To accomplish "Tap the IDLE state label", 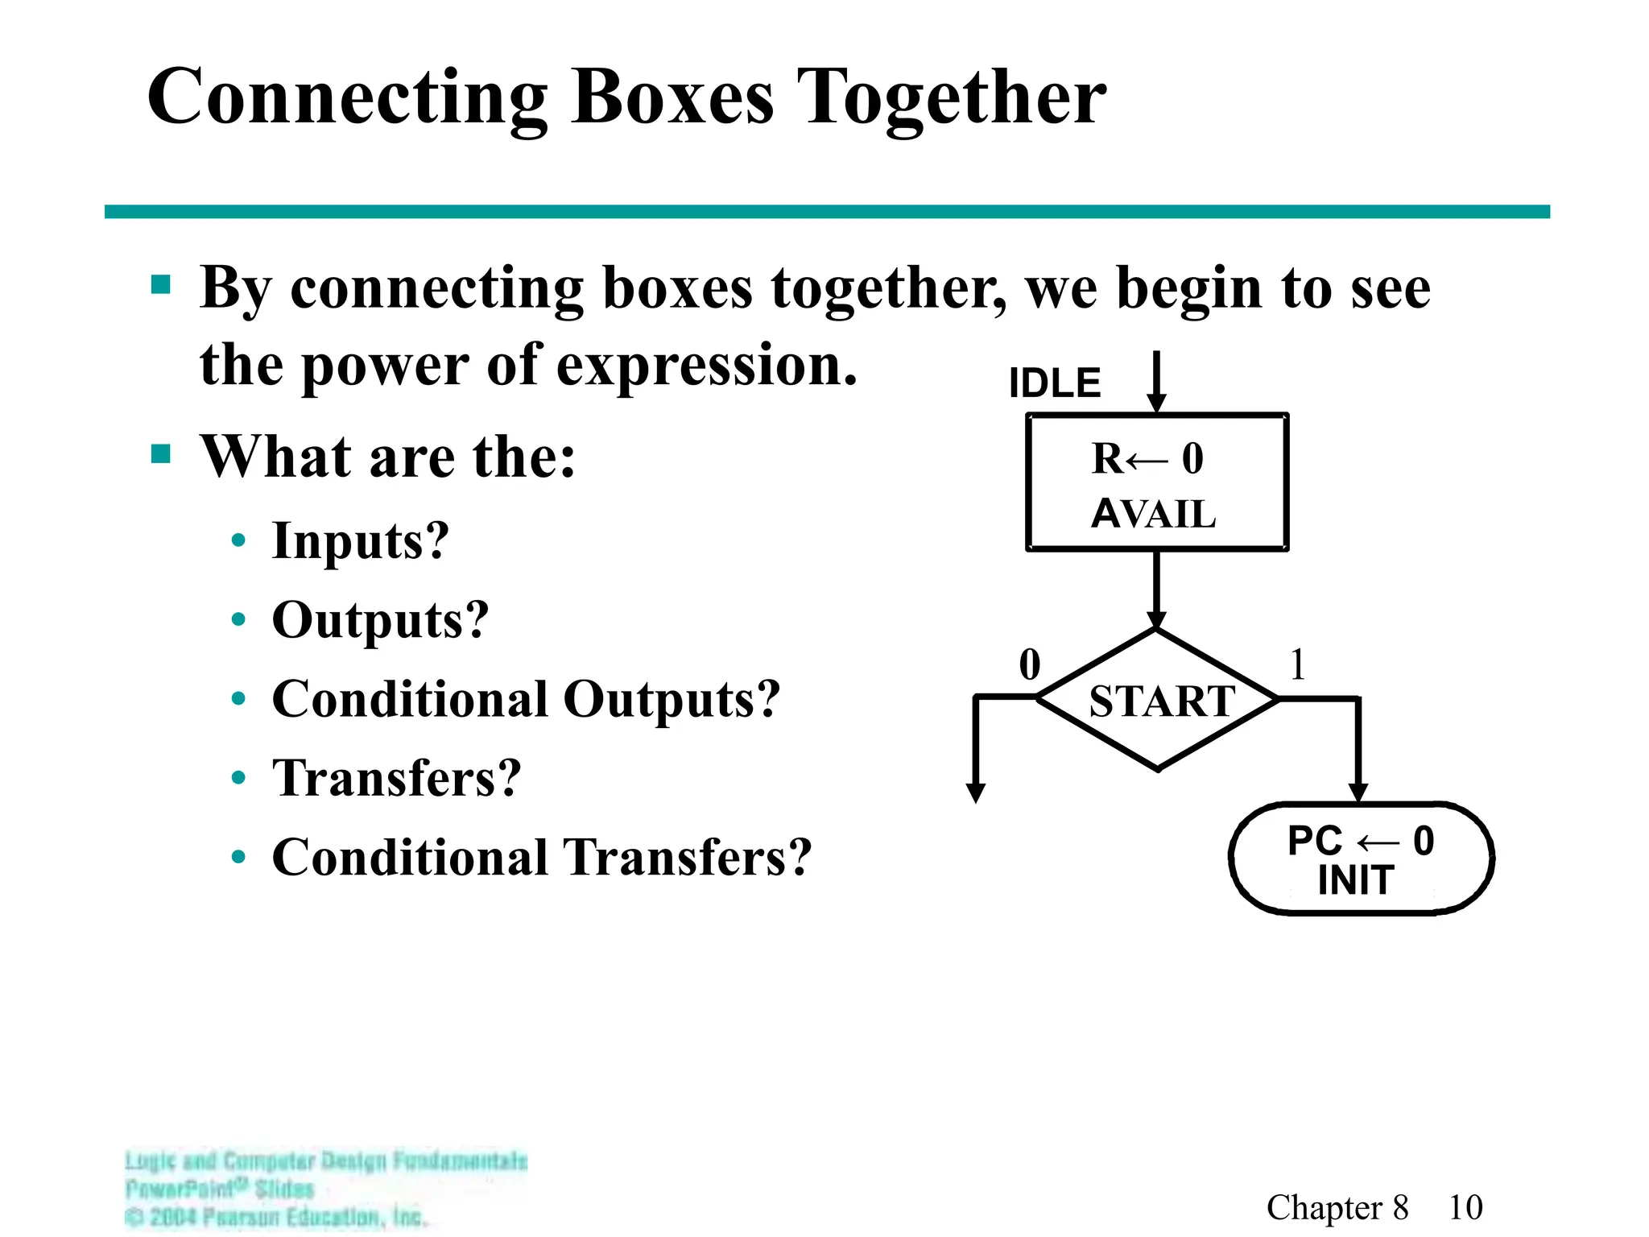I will tap(1054, 383).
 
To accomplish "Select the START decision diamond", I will tap(1157, 700).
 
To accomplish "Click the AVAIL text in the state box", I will tap(1153, 514).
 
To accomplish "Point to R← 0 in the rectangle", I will tap(1147, 459).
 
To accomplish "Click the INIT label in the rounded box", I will tap(1356, 879).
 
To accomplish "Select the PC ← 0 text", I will tap(1360, 841).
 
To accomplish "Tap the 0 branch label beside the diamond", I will tap(1030, 665).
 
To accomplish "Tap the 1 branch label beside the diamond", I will tap(1297, 665).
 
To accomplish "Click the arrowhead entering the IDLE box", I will tap(1156, 403).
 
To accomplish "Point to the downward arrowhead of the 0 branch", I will tap(975, 792).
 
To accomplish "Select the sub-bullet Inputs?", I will tap(360, 540).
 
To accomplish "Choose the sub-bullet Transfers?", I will tap(396, 778).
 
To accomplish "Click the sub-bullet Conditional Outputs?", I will tap(526, 699).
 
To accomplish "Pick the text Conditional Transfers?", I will tap(541, 857).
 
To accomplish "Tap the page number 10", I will tap(1465, 1207).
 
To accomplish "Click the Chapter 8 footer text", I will tap(1337, 1207).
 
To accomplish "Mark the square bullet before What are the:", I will tap(161, 454).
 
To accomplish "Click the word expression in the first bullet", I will tap(706, 366).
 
